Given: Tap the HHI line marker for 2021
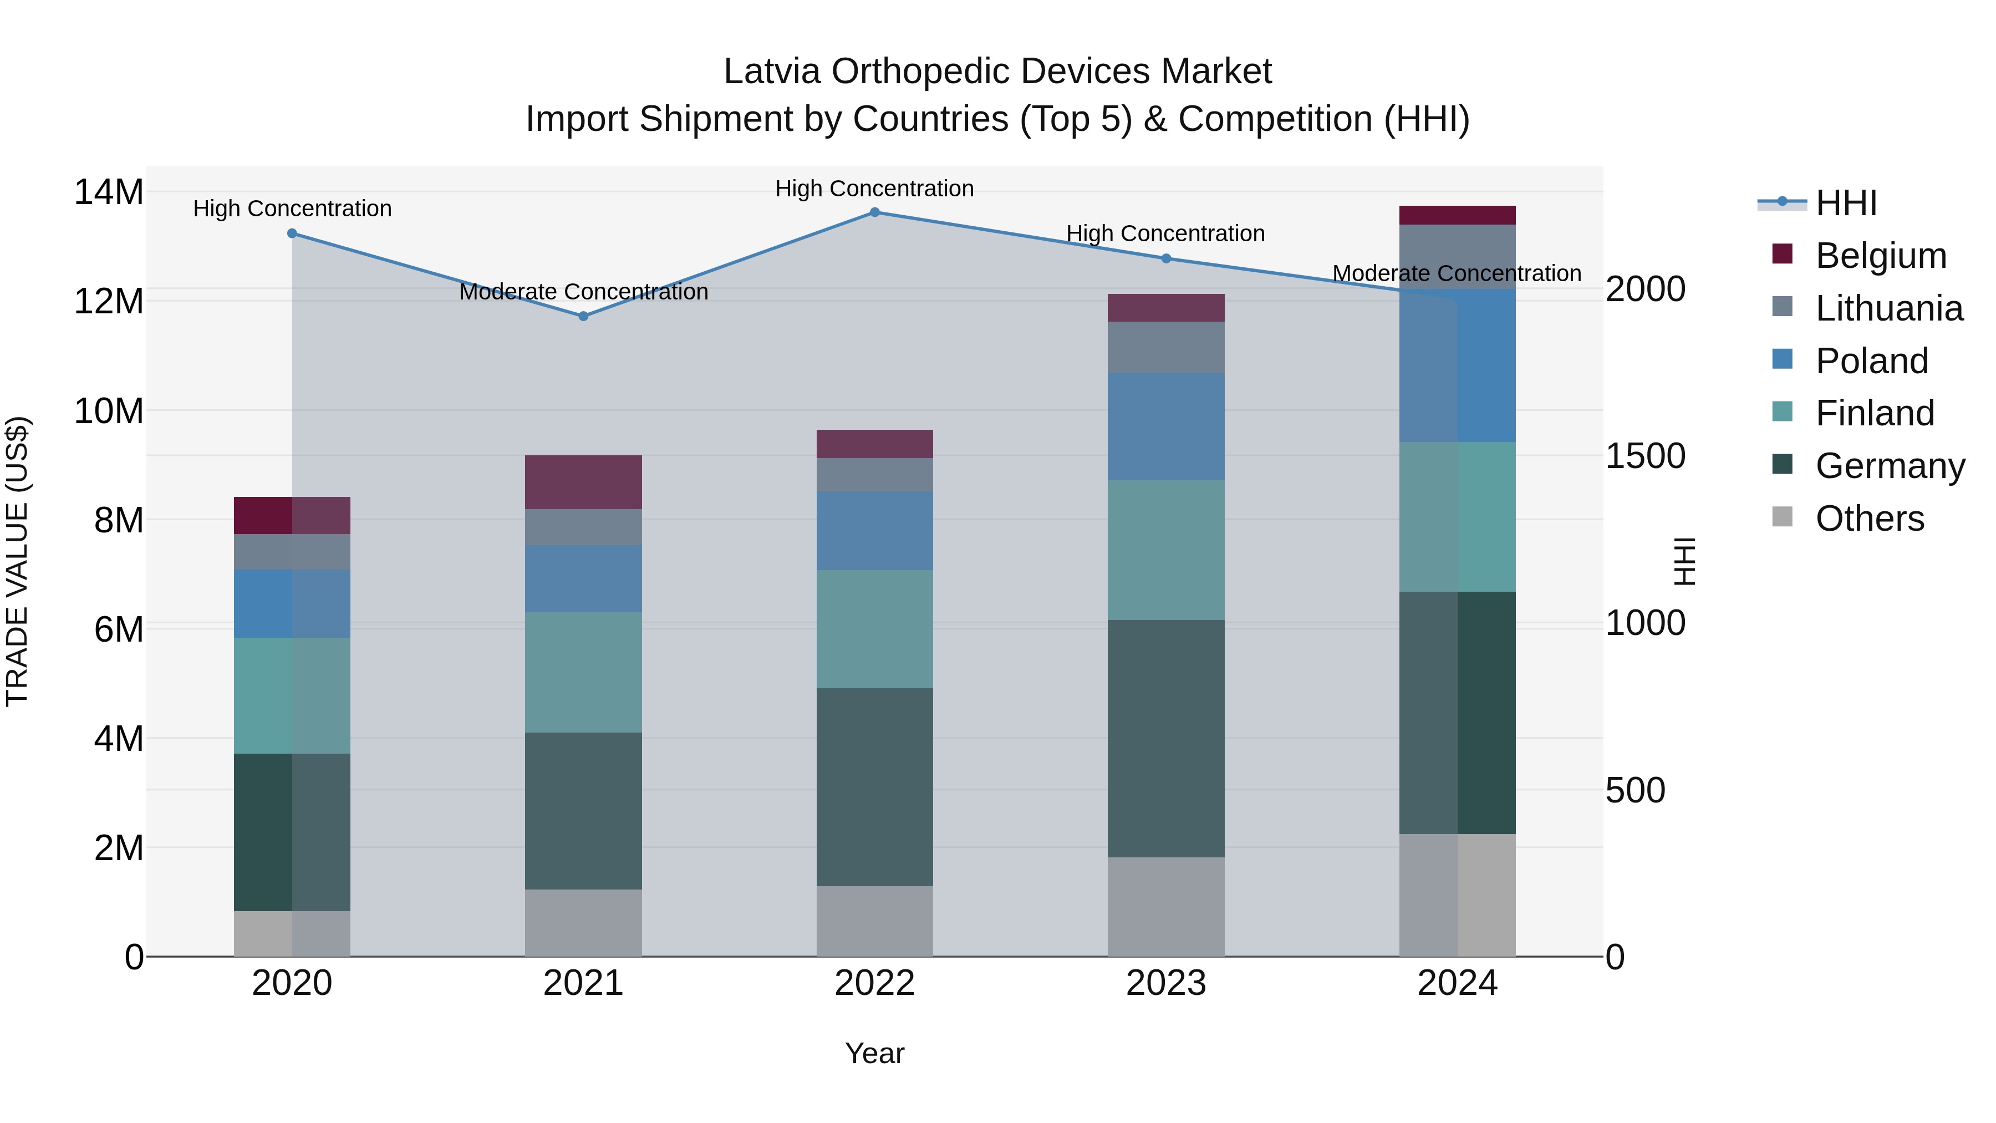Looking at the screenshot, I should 583,316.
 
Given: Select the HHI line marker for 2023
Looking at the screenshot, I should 1165,258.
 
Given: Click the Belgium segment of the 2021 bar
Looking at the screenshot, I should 583,482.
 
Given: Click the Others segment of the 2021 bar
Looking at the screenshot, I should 583,922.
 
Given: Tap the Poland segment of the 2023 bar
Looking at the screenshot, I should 1165,426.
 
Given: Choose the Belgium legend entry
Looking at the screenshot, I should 1880,256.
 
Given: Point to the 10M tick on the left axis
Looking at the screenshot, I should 109,411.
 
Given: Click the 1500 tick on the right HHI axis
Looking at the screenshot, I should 1645,456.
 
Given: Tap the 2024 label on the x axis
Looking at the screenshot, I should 1457,983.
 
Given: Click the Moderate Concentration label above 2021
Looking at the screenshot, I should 583,292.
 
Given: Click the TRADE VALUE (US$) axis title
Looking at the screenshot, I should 17,561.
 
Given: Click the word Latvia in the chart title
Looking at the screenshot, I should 771,72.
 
